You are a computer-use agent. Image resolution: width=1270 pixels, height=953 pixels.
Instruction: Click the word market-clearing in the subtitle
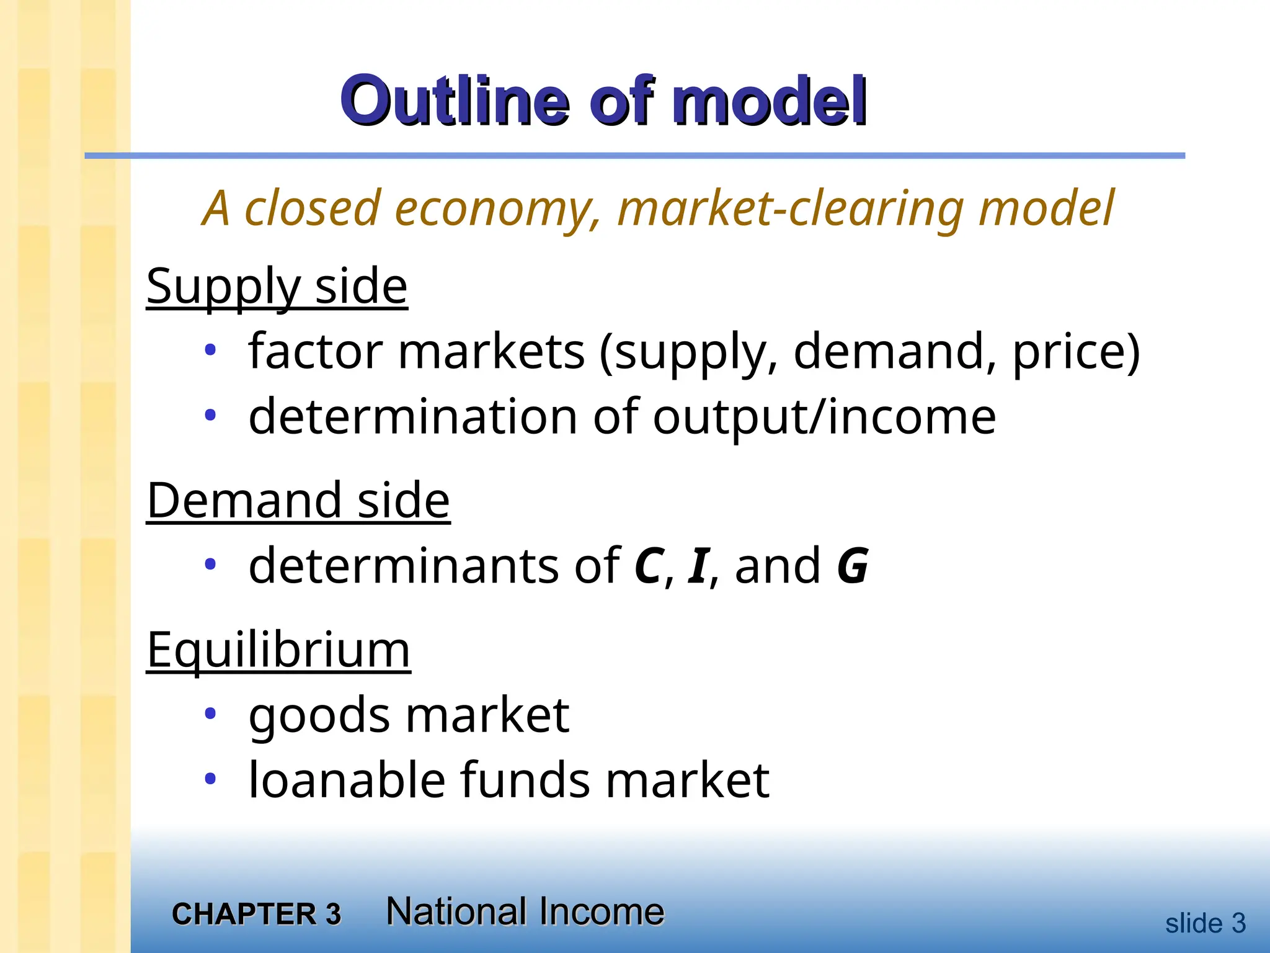790,209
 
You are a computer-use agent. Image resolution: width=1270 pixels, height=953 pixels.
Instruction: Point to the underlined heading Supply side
277,287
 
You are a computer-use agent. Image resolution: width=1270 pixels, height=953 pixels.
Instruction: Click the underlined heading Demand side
298,500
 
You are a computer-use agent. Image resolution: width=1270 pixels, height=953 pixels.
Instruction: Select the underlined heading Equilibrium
278,650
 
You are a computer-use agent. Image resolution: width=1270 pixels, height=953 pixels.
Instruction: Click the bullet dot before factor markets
211,351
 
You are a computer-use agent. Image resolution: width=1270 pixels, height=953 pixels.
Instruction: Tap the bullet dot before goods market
211,714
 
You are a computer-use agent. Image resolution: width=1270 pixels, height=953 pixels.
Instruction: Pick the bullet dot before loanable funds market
211,778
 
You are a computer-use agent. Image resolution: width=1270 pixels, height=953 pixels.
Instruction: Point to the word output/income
824,417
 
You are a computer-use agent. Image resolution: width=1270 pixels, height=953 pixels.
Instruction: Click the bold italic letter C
649,566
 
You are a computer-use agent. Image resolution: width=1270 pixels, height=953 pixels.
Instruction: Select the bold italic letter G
853,566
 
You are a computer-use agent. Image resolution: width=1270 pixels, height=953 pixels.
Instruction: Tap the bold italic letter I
698,566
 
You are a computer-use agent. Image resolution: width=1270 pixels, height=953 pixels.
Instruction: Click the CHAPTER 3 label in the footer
256,914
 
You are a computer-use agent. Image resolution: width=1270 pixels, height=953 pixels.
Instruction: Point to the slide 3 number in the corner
1205,923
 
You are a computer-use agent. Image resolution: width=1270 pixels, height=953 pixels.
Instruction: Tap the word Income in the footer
601,912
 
